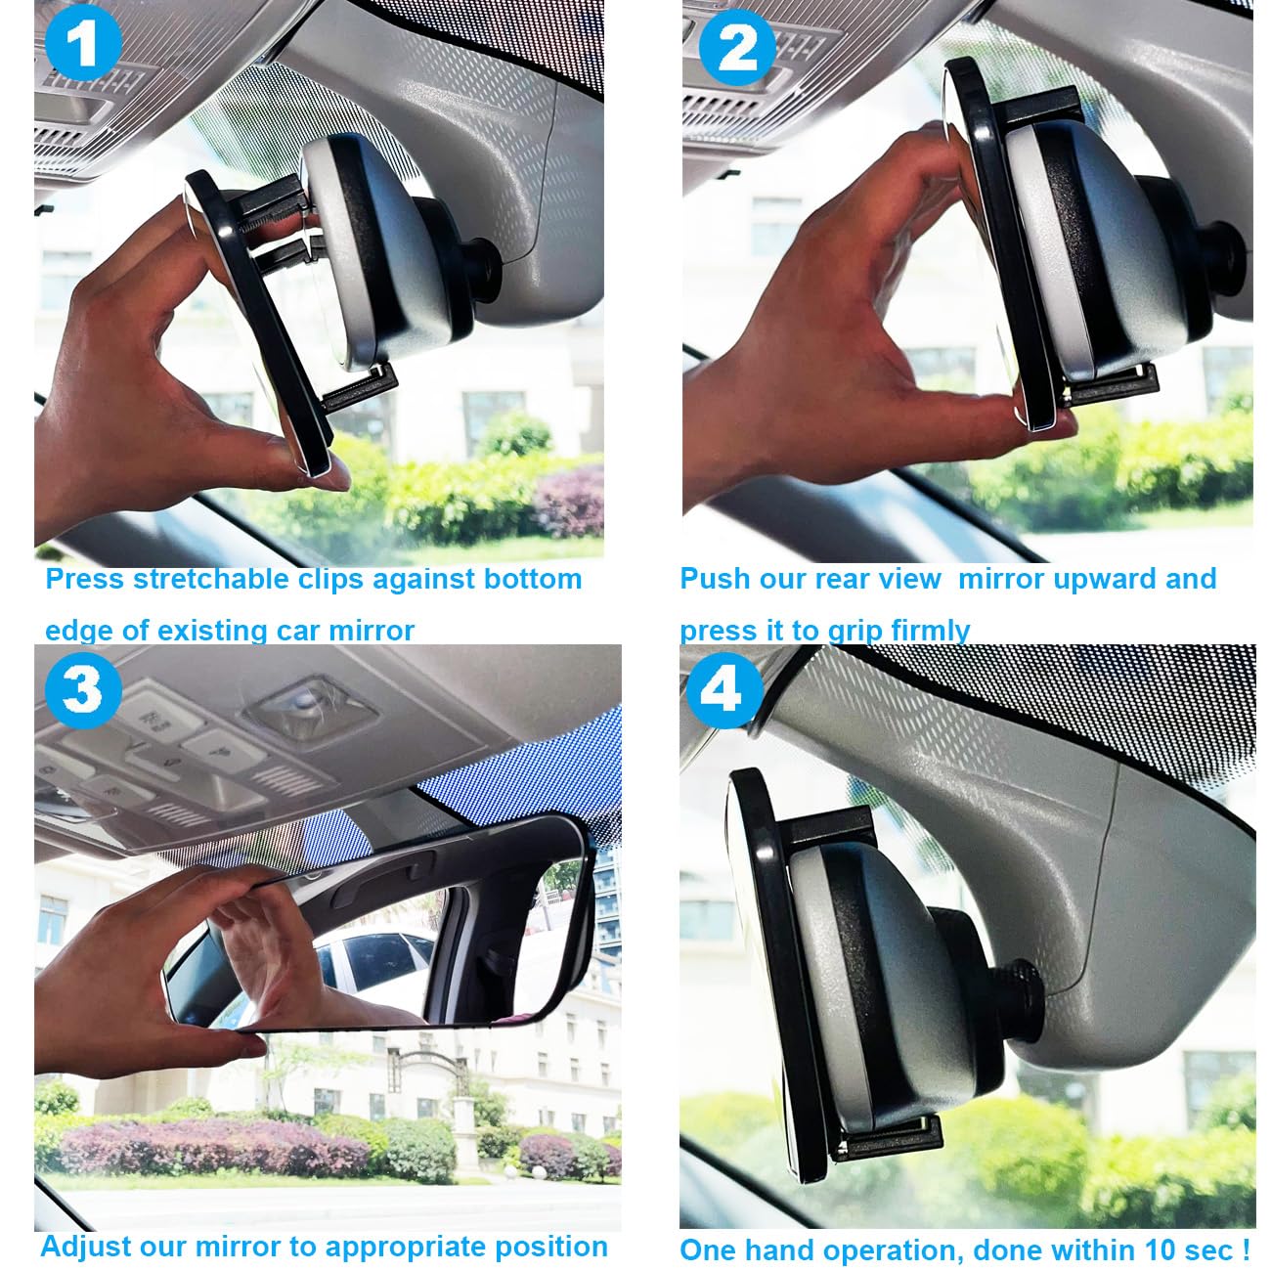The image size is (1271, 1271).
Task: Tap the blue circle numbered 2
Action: [x=737, y=47]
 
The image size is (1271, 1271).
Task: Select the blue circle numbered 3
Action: [x=83, y=690]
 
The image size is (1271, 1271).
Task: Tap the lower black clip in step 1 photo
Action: [x=361, y=387]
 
